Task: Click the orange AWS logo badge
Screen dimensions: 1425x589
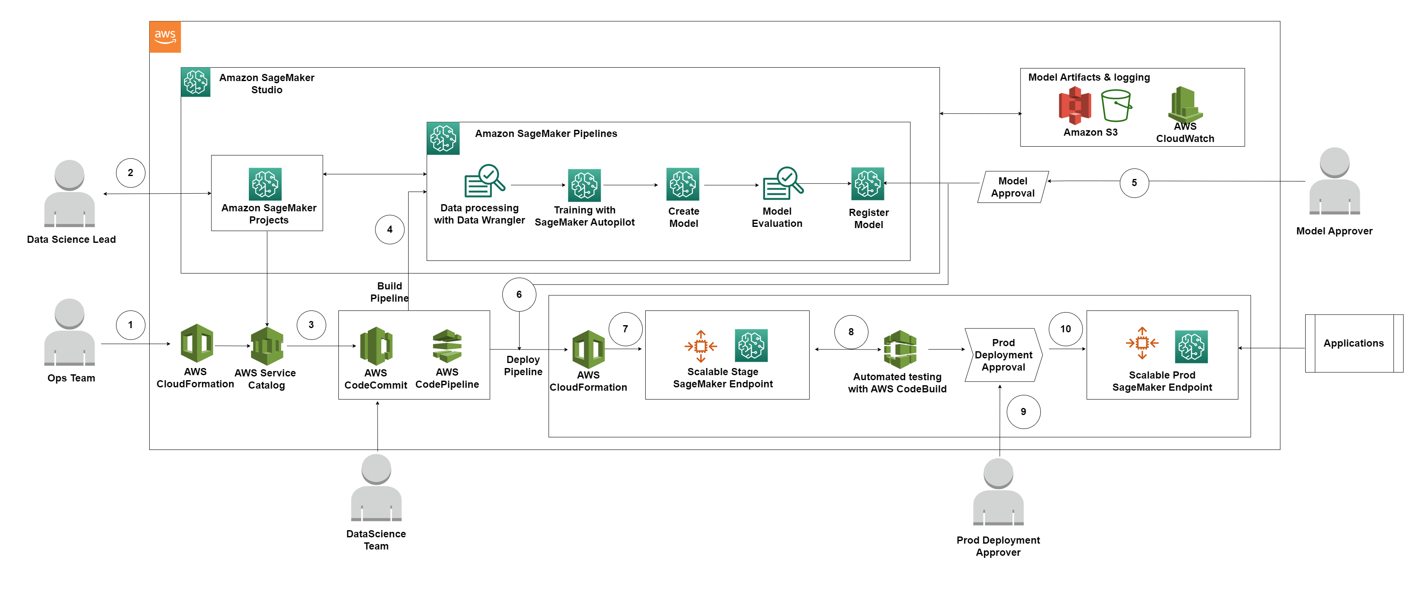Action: click(165, 37)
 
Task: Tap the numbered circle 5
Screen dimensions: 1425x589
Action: click(1134, 182)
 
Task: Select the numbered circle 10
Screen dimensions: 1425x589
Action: click(1066, 329)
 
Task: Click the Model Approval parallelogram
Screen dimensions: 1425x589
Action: click(1013, 187)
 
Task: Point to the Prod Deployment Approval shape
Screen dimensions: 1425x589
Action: click(1003, 355)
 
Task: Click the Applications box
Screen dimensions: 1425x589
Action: click(1354, 344)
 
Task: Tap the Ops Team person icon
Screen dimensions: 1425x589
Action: click(70, 332)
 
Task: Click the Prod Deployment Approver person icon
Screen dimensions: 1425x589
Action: click(998, 492)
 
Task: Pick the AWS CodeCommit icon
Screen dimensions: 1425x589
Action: click(376, 346)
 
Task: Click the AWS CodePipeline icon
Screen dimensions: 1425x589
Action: click(447, 346)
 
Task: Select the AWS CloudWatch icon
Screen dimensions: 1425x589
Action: click(1185, 105)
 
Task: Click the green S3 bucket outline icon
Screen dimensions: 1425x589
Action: click(1116, 105)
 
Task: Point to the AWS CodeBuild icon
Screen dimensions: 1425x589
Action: click(900, 350)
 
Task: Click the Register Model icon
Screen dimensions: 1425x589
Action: click(867, 184)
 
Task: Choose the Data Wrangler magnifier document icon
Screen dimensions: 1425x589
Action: click(484, 180)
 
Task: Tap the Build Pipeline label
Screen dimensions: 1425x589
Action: click(389, 292)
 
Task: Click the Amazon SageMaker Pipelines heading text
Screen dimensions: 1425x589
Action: click(546, 133)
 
